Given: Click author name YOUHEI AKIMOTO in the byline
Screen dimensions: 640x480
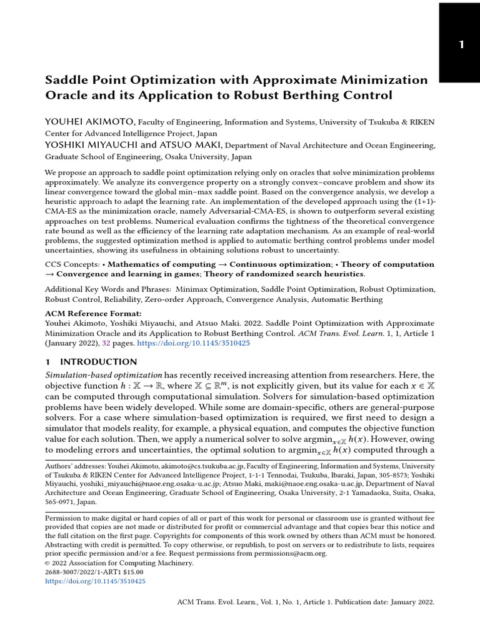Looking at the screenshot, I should pyautogui.click(x=89, y=121).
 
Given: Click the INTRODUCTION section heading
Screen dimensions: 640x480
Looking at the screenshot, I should pyautogui.click(x=98, y=362).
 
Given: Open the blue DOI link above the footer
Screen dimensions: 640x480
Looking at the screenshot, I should pyautogui.click(x=95, y=581).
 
